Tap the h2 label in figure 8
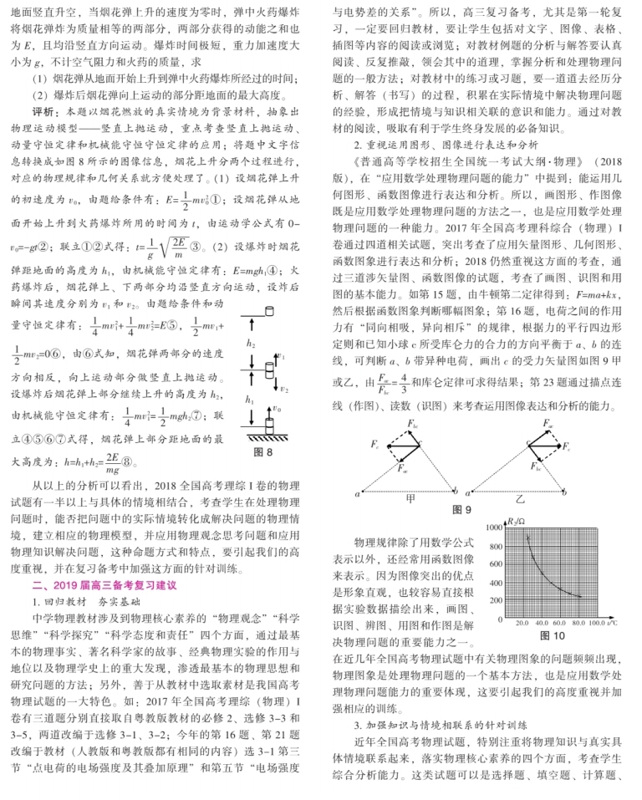pyautogui.click(x=251, y=344)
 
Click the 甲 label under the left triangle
pyautogui.click(x=410, y=497)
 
